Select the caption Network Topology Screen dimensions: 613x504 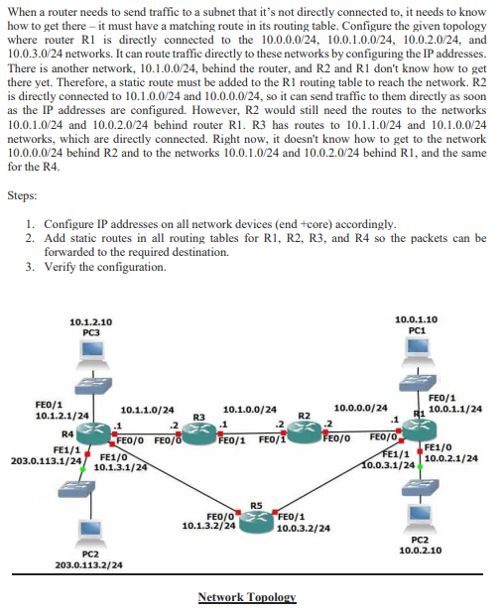point(247,597)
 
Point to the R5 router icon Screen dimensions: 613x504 point(255,517)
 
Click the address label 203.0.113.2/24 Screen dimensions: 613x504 point(89,564)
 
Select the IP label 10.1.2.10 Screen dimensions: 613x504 point(91,321)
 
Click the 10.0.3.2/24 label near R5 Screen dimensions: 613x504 point(303,529)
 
